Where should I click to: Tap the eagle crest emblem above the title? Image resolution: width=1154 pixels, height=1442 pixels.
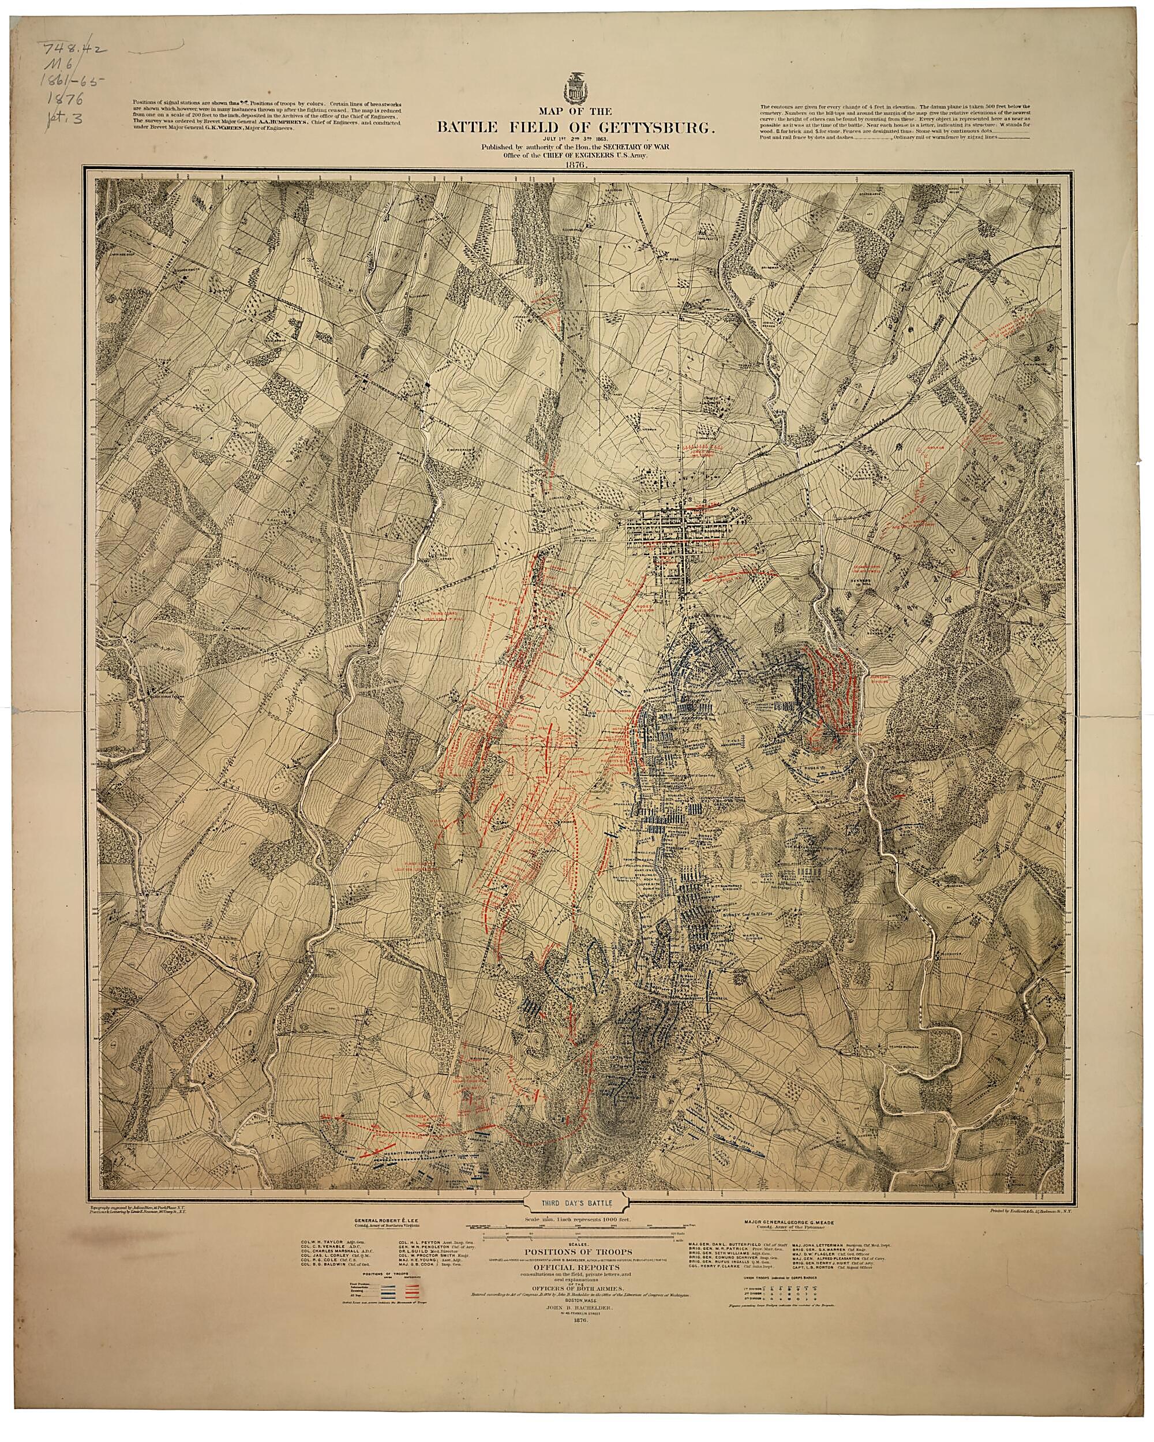click(x=576, y=85)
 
